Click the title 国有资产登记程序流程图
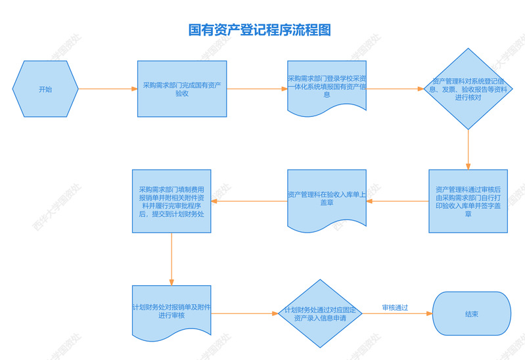[260, 30]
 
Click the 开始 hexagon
[45, 89]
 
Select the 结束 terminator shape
[471, 314]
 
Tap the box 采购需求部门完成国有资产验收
[182, 89]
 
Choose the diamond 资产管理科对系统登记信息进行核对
[468, 89]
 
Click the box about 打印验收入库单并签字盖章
[468, 200]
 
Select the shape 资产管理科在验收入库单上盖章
[327, 198]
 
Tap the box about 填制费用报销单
[171, 200]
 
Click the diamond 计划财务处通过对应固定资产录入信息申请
[320, 313]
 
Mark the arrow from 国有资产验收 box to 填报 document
[257, 89]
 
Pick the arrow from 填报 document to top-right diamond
[397, 89]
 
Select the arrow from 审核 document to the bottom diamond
[244, 313]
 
